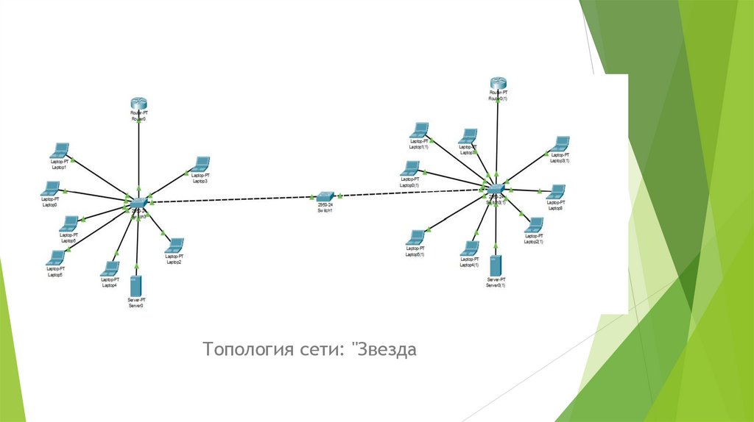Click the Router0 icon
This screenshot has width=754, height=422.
pyautogui.click(x=138, y=102)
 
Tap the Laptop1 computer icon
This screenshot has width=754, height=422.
pyautogui.click(x=59, y=151)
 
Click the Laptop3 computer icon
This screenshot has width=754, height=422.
pyautogui.click(x=200, y=164)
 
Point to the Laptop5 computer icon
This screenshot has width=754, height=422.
pyautogui.click(x=55, y=257)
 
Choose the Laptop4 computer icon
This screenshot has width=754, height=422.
pyautogui.click(x=110, y=269)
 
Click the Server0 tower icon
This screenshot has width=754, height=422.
pyautogui.click(x=135, y=287)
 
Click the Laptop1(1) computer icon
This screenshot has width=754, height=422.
pyautogui.click(x=420, y=130)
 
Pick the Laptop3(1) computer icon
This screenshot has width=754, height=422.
pyautogui.click(x=560, y=143)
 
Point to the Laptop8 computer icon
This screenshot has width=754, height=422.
pyautogui.click(x=557, y=193)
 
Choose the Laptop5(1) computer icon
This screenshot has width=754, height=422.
pyautogui.click(x=415, y=237)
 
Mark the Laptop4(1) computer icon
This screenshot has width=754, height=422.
pyautogui.click(x=469, y=248)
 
